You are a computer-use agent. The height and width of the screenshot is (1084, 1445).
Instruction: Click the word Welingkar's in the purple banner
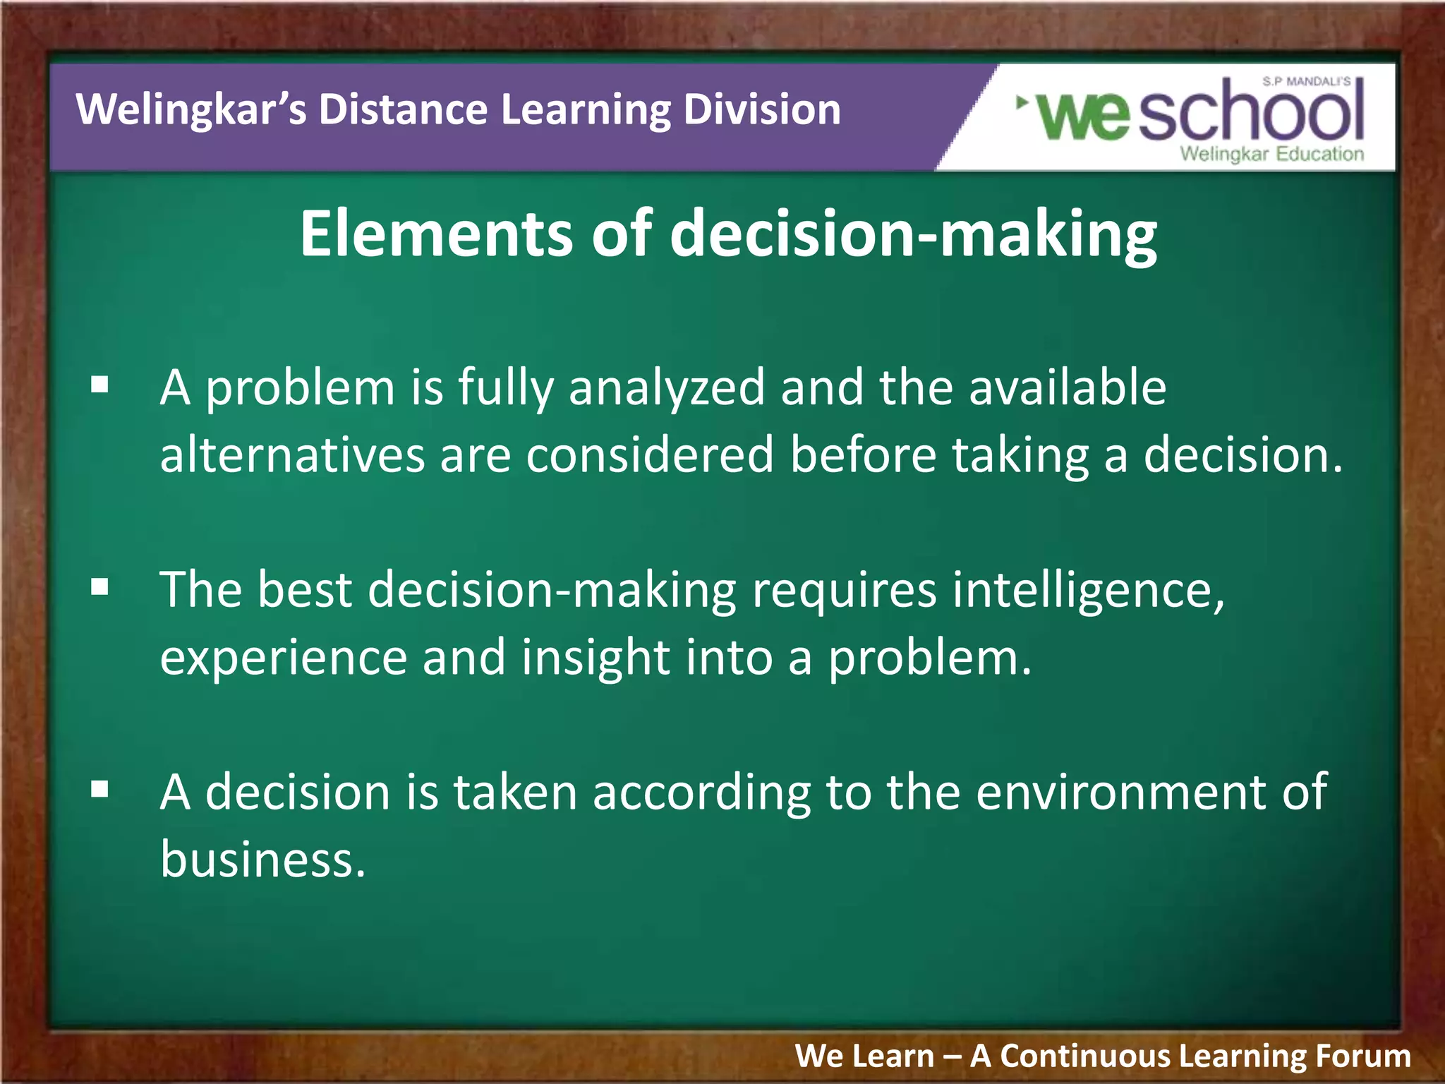191,110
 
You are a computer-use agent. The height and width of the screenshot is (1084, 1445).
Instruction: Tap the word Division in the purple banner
761,110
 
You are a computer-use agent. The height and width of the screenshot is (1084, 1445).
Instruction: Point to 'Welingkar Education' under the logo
1271,154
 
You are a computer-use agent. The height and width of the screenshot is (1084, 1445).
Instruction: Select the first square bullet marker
100,385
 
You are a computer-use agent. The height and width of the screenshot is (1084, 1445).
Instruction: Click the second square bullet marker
100,587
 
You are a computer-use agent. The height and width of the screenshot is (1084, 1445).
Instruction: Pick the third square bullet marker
100,789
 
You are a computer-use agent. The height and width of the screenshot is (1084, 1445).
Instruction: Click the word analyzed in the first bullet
667,388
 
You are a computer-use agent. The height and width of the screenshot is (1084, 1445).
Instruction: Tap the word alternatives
292,454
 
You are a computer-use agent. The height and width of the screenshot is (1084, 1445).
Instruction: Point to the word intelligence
1088,590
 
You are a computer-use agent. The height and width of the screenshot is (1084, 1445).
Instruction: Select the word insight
595,658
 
